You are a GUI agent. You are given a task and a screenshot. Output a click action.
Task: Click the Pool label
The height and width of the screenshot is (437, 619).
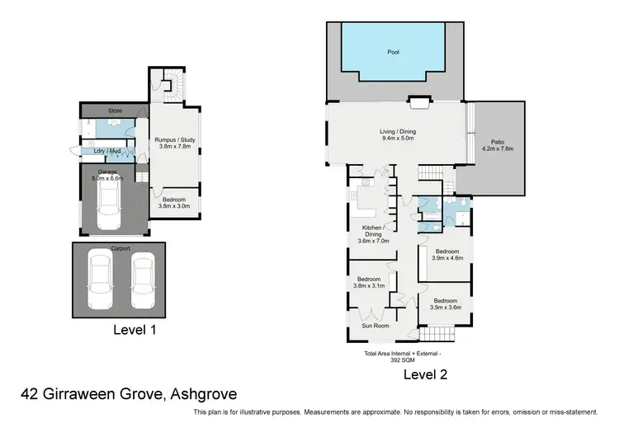393,51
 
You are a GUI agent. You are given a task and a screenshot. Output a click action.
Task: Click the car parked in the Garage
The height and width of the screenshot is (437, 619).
109,205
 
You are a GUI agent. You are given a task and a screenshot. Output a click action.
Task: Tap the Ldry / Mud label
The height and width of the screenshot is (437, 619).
109,151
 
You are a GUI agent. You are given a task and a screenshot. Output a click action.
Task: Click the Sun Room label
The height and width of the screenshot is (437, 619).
376,326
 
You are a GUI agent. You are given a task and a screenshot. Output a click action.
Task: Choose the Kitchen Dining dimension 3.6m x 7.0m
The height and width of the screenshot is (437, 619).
375,241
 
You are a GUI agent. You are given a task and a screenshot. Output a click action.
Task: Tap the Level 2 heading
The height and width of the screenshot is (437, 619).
425,374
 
